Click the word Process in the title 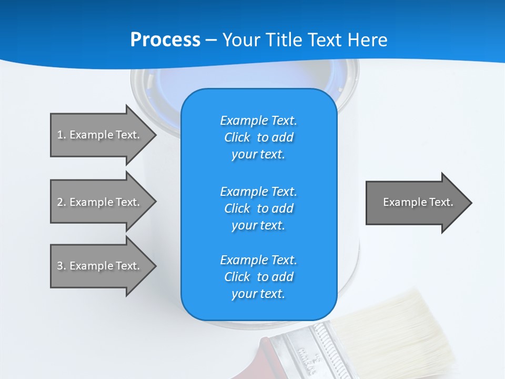point(165,40)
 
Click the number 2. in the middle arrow point(62,202)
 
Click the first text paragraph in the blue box point(258,137)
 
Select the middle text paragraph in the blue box point(258,208)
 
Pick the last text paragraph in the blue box point(258,277)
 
